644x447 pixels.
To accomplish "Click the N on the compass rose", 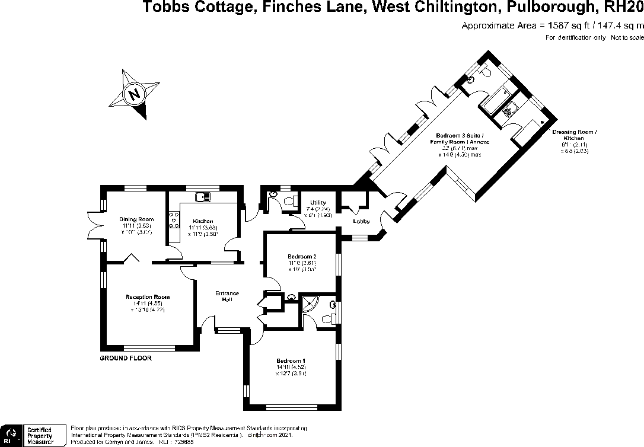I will click(135, 94).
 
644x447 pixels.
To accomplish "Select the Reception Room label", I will click(147, 297).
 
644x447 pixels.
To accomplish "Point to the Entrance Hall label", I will click(227, 296).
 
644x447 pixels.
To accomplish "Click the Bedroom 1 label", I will click(291, 360).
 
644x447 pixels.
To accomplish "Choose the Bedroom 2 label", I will click(302, 256).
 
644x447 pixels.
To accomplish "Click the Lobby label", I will click(362, 222).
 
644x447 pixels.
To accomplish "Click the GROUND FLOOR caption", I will click(126, 359).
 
